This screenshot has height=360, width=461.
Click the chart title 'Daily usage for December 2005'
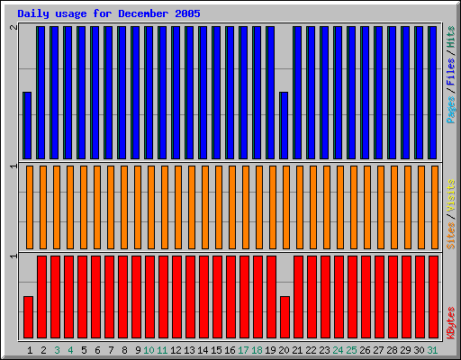coord(109,14)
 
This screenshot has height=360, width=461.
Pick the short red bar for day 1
coord(29,316)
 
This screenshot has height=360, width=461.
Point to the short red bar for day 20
coord(285,316)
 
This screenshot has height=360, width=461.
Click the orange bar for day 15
coord(219,207)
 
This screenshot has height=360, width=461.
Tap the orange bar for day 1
coord(30,207)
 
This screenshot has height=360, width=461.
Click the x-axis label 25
coord(352,350)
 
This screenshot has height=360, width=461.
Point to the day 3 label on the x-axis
coord(57,350)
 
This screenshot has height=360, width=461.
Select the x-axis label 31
coord(433,350)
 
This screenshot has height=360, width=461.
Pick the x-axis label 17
coord(244,350)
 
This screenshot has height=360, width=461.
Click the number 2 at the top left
coord(13,29)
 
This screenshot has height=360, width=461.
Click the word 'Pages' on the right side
coord(451,108)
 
